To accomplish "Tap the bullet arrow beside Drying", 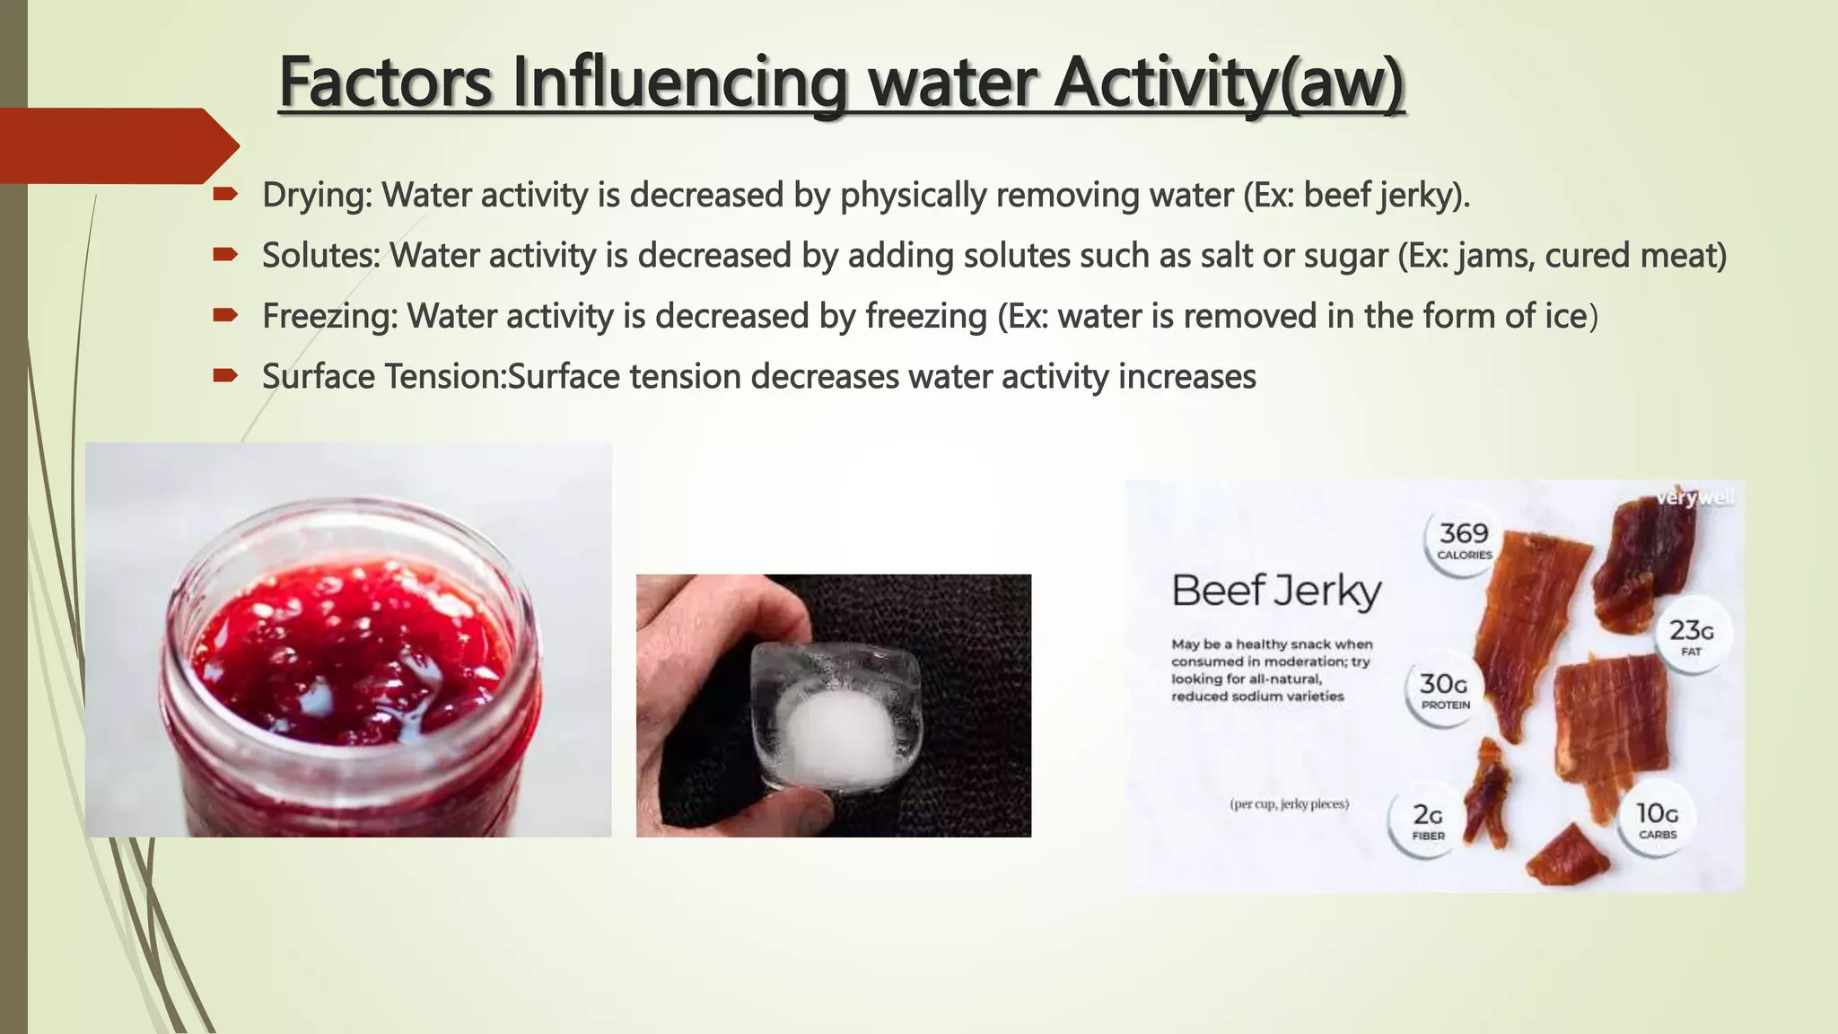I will tap(224, 194).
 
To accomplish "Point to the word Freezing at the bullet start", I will tap(328, 316).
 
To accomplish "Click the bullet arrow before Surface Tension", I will tap(224, 376).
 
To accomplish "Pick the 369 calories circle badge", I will tap(1464, 540).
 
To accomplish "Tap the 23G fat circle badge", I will tap(1691, 635).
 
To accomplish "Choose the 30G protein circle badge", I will tap(1444, 691).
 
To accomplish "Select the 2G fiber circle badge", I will tap(1428, 820).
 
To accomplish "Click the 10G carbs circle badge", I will tap(1657, 819).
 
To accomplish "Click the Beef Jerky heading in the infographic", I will tap(1276, 591).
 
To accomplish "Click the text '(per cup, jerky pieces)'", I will tap(1289, 804).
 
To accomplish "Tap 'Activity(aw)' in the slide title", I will tap(1229, 83).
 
